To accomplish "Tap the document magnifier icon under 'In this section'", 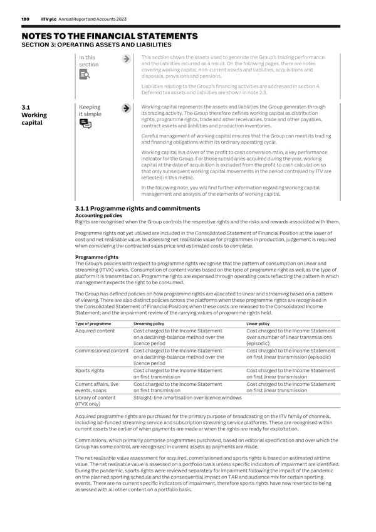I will click(x=85, y=75).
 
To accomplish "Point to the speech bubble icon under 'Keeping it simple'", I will click(x=85, y=124).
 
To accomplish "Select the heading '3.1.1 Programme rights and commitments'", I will click(x=137, y=208).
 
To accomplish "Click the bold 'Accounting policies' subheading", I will click(x=98, y=215).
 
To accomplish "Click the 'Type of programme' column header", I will click(x=93, y=324).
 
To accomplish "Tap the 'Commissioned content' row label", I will click(x=103, y=351).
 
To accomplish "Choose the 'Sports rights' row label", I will click(x=91, y=370).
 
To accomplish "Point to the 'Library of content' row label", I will click(x=95, y=397).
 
